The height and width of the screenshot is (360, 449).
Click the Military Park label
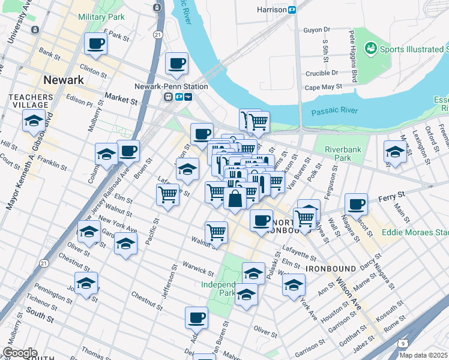[x=101, y=17]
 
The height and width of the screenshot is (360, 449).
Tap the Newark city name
[x=63, y=80]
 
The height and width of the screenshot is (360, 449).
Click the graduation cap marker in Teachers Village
[x=35, y=121]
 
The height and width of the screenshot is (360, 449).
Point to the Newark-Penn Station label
[x=171, y=86]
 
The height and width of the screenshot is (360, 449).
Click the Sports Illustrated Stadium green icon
[x=370, y=47]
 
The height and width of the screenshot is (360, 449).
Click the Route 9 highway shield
[x=403, y=343]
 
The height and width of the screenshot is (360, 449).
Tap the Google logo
[x=19, y=353]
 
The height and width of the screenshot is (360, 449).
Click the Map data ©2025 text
[x=423, y=355]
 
